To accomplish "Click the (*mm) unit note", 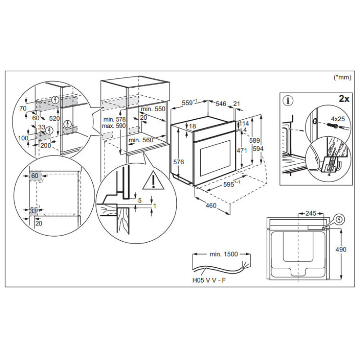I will click(x=342, y=77).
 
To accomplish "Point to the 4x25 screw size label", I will click(x=337, y=119).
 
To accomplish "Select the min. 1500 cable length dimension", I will click(x=224, y=254).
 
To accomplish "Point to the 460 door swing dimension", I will click(x=211, y=206).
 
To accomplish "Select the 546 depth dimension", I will click(x=220, y=104).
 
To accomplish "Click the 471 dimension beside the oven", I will click(x=243, y=150).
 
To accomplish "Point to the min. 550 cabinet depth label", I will click(x=153, y=109).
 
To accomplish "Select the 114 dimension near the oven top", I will click(x=244, y=123).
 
